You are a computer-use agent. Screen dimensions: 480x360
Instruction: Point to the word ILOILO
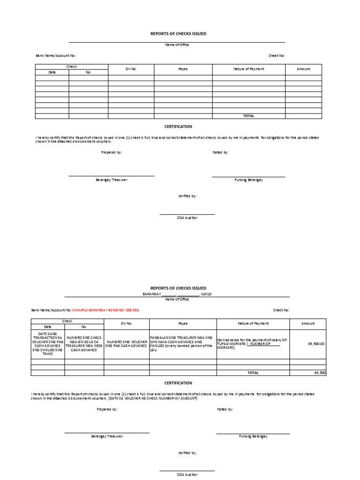click(206, 294)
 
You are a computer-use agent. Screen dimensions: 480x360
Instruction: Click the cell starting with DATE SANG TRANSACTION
click(48, 344)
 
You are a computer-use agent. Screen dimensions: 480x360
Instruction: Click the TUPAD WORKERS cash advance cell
click(252, 344)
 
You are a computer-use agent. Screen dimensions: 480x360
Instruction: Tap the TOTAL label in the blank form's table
click(248, 116)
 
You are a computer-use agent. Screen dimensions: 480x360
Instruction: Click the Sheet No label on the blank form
click(276, 56)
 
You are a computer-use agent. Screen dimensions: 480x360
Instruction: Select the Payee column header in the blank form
click(183, 69)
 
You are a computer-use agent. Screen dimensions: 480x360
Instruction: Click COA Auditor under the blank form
click(187, 217)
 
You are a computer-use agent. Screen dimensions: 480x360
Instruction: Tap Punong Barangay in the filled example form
click(253, 436)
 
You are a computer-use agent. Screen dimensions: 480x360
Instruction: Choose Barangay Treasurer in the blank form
click(111, 180)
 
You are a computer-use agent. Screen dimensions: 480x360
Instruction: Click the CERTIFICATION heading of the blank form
click(178, 127)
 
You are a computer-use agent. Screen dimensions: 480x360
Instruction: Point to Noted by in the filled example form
click(225, 409)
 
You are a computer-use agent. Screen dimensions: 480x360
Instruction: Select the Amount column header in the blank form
click(303, 69)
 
